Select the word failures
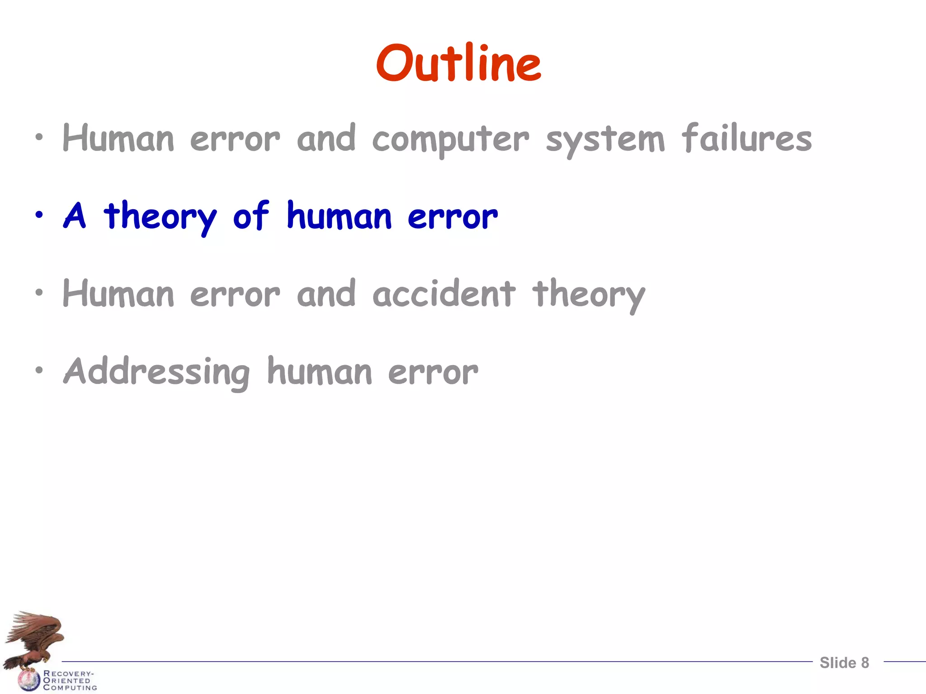(x=746, y=138)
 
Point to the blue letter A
(x=75, y=216)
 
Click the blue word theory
(x=160, y=217)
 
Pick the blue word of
(x=251, y=216)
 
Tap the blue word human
(x=339, y=216)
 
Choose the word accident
(x=444, y=294)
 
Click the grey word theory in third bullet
(x=589, y=295)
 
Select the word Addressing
(x=156, y=372)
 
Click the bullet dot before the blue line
(x=39, y=215)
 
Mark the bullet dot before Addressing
(x=39, y=370)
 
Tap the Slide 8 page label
(x=844, y=663)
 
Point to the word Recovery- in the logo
(x=68, y=673)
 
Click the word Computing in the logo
(x=70, y=688)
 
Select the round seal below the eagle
(x=28, y=680)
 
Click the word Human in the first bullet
(x=118, y=139)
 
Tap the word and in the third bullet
(x=326, y=294)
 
